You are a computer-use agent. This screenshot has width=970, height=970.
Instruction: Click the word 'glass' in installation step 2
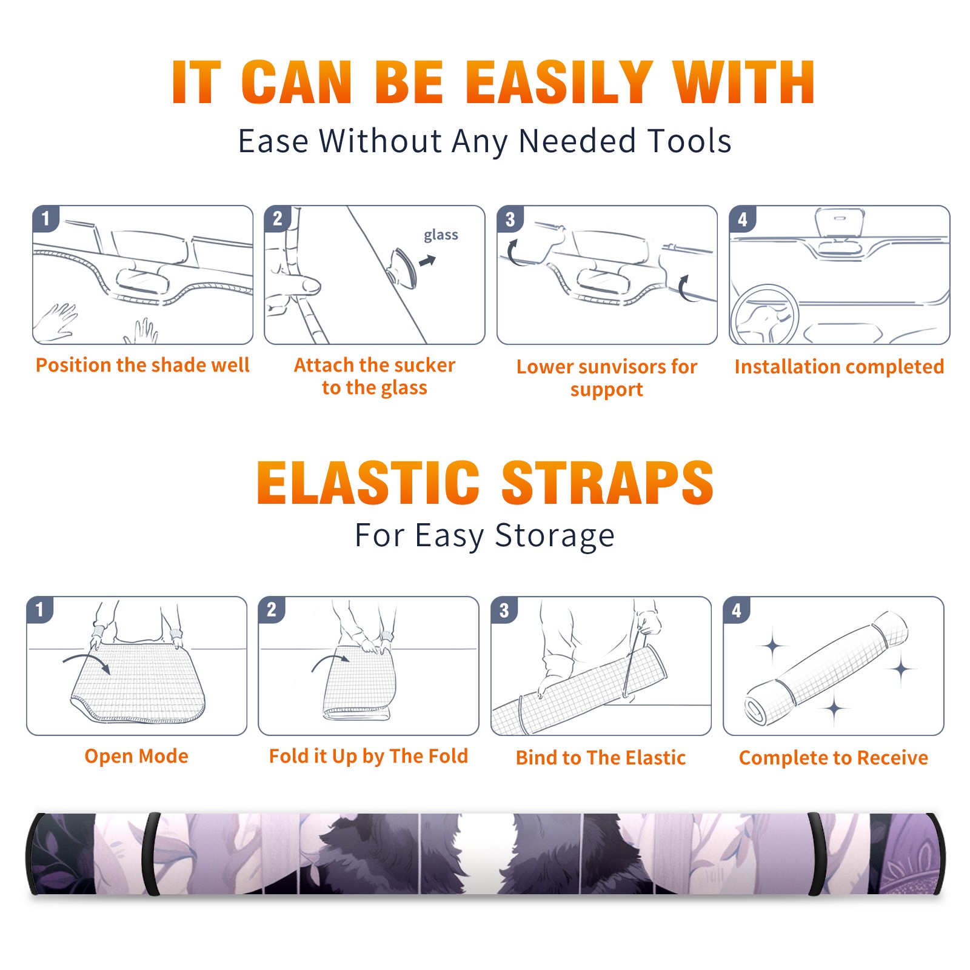441,235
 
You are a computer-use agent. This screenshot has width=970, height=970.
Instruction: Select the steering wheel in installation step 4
764,315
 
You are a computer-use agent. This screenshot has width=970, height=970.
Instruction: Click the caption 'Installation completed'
839,367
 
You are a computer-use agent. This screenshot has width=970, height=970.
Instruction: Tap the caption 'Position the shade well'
142,365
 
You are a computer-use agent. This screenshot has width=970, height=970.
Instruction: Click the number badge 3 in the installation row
510,219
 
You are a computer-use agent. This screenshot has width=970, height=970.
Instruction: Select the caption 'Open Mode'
136,756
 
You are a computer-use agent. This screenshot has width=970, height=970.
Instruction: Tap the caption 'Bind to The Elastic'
601,758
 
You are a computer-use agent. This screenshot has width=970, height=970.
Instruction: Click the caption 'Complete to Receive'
834,758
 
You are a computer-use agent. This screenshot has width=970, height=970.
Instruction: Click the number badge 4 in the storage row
737,610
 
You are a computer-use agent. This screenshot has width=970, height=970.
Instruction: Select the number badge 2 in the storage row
272,610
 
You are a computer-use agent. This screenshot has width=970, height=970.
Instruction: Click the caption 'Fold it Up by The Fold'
369,756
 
